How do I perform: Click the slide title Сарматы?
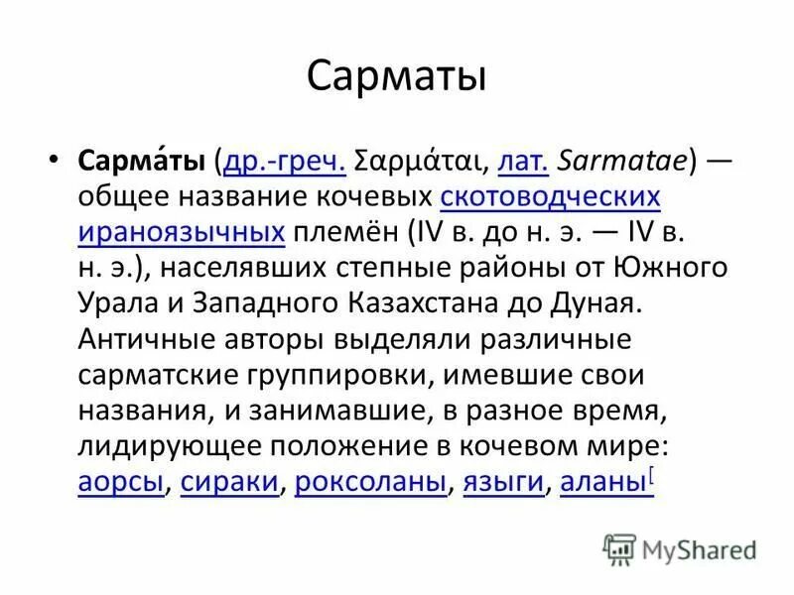click(x=396, y=76)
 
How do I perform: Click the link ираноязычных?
click(x=182, y=232)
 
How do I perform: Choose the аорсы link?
click(x=119, y=483)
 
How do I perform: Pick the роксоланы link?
click(x=372, y=483)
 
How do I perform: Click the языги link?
click(x=504, y=483)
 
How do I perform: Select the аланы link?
click(x=602, y=483)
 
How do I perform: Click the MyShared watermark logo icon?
click(x=619, y=546)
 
